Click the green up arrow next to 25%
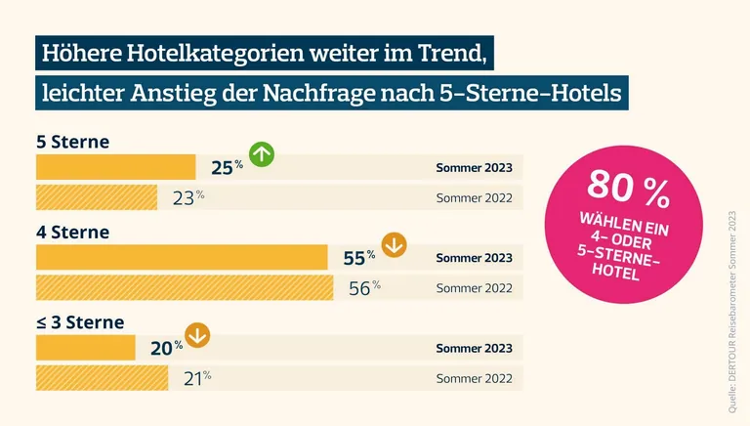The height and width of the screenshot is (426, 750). (262, 154)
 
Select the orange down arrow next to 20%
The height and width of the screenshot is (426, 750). (197, 335)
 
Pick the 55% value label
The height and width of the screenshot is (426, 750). (358, 258)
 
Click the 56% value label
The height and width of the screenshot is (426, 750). (362, 287)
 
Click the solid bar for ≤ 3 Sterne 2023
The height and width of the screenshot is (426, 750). (85, 348)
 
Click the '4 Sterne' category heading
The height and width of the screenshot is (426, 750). (72, 233)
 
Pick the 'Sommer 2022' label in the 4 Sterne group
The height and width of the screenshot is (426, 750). (474, 287)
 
